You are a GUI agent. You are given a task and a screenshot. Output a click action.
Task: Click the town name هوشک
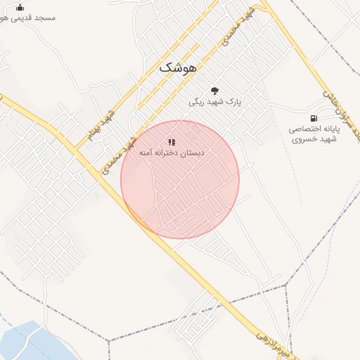(x=179, y=67)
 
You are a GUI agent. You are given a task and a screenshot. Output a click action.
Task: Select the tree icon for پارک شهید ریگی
(x=214, y=90)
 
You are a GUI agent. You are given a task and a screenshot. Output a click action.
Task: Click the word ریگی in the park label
(x=196, y=102)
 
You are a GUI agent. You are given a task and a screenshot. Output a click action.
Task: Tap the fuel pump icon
(x=313, y=117)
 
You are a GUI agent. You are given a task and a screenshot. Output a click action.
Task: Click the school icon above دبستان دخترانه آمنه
(x=172, y=142)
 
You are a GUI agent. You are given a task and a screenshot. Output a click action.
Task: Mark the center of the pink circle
(x=180, y=179)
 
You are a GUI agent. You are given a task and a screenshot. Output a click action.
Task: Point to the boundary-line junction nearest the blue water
(x=108, y=341)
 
